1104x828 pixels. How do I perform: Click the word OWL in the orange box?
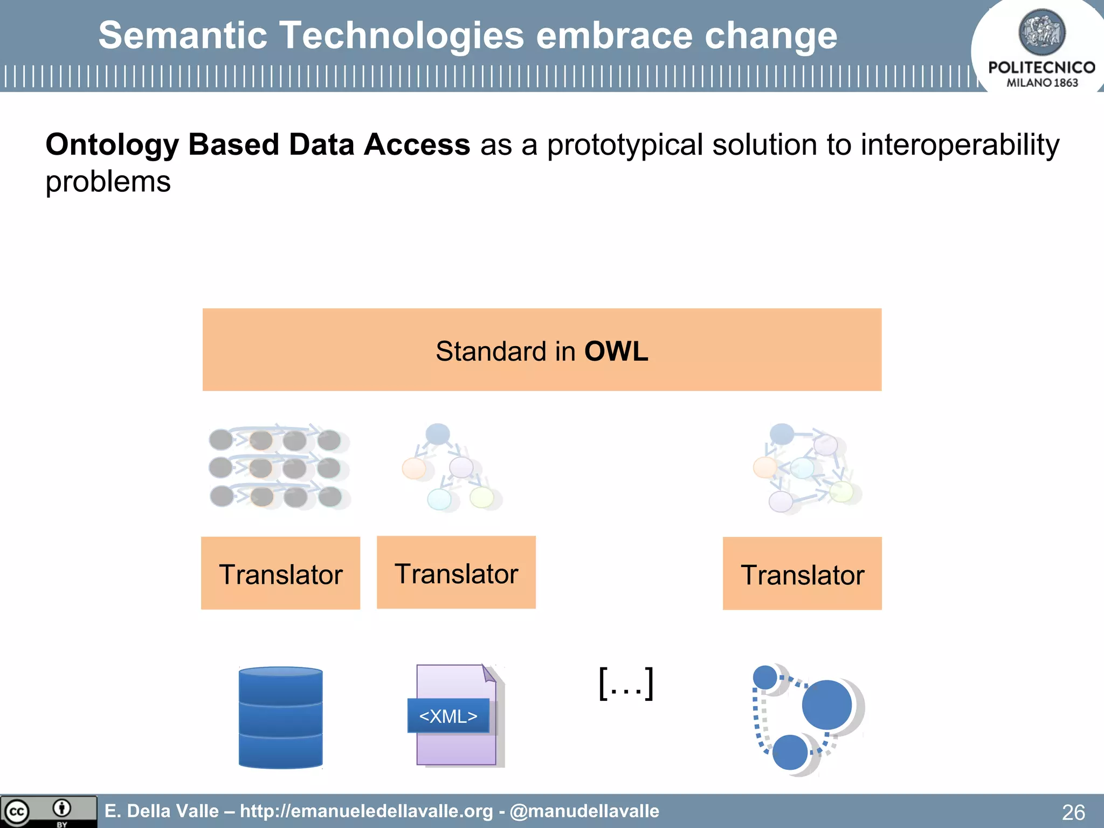(x=616, y=351)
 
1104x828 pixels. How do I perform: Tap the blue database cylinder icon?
(x=280, y=717)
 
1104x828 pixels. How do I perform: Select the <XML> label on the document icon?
(x=448, y=716)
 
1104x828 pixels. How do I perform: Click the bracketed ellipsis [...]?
(x=626, y=684)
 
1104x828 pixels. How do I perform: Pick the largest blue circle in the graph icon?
(x=826, y=705)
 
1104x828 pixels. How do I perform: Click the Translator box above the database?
(x=280, y=574)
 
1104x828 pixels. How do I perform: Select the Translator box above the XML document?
(x=456, y=572)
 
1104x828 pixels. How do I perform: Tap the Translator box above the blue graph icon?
(x=802, y=574)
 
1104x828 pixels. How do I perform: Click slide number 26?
(x=1073, y=812)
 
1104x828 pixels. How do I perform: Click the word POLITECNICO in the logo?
(x=1041, y=67)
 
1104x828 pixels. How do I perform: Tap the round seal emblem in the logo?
(x=1041, y=32)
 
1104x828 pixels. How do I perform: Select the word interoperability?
(x=960, y=145)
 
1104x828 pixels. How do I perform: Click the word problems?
(x=108, y=182)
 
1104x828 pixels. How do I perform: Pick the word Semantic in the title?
(x=183, y=36)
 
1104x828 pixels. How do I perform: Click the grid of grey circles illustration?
(x=278, y=468)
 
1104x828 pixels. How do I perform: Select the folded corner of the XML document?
(x=488, y=673)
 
